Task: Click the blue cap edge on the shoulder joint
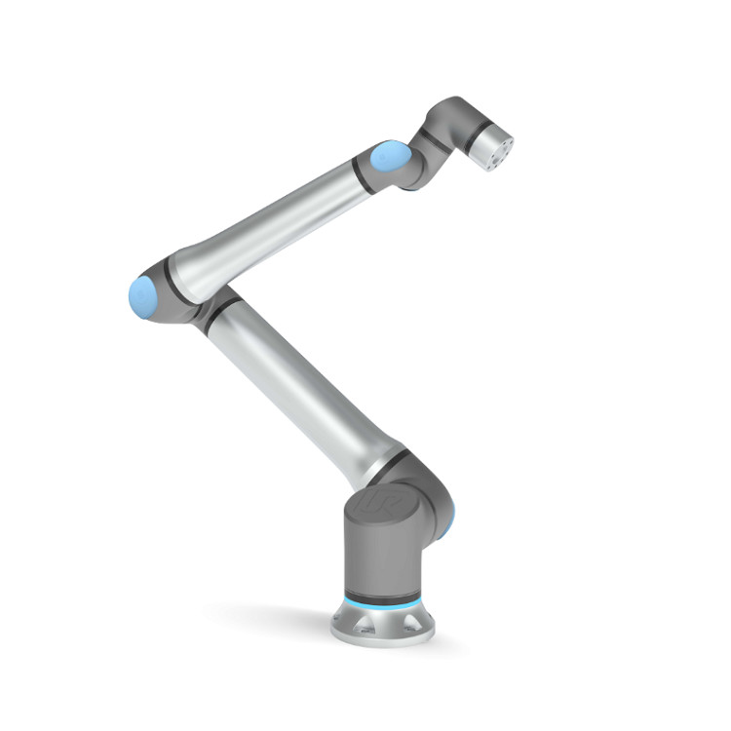pyautogui.click(x=444, y=527)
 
